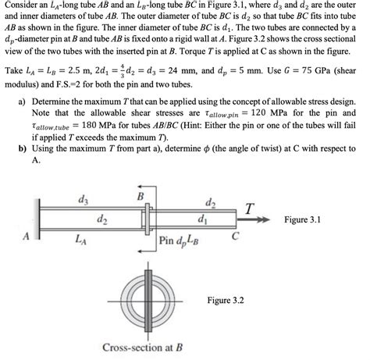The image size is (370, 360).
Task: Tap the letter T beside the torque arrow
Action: (x=247, y=209)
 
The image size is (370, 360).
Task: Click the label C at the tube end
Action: (x=233, y=235)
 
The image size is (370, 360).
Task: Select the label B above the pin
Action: (x=141, y=197)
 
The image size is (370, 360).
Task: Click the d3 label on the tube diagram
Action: (x=83, y=201)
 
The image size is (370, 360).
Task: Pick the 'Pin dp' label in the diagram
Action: (x=173, y=241)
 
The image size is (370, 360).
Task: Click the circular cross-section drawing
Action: (x=141, y=296)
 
